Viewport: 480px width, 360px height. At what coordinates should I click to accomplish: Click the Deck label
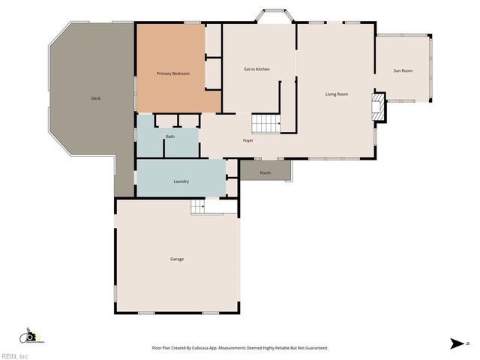pos(95,99)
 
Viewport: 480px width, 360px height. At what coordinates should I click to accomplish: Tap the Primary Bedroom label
pos(172,73)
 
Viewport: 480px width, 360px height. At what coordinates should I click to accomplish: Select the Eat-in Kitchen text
pos(257,70)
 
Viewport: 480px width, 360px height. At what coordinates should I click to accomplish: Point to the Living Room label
pos(337,94)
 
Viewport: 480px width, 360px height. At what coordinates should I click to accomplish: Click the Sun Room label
pos(403,71)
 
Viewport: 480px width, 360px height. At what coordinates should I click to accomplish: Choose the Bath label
pos(170,136)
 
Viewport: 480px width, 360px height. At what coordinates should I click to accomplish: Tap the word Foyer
pos(247,141)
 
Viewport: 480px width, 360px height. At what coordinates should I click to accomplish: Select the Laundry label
pos(181,181)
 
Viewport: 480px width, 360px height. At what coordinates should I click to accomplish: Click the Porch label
pos(265,173)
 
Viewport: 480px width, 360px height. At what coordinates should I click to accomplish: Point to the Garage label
pos(177,259)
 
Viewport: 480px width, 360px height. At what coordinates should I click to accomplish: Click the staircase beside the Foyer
pos(265,123)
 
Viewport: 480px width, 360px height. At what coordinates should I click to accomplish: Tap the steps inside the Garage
pos(197,208)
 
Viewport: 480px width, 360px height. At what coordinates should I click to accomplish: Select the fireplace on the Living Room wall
pos(379,106)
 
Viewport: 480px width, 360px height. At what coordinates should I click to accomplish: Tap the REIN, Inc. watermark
pos(15,356)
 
